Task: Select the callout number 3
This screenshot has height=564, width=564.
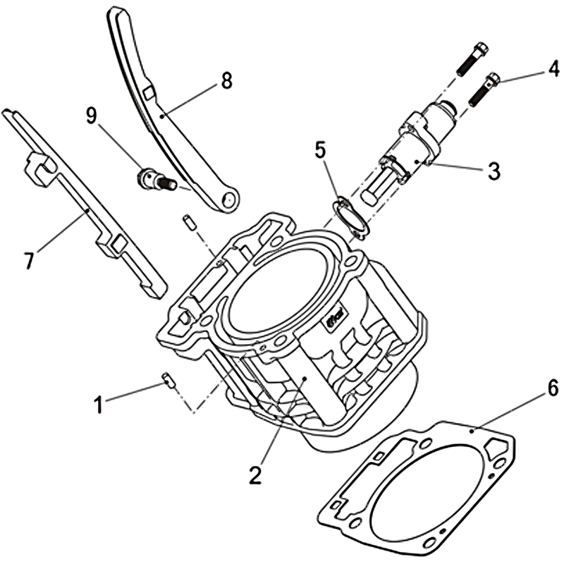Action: pyautogui.click(x=493, y=170)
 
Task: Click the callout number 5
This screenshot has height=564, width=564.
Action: pyautogui.click(x=321, y=151)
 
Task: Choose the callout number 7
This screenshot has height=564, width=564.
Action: pyautogui.click(x=29, y=260)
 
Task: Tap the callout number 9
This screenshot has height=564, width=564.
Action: pyautogui.click(x=92, y=116)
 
